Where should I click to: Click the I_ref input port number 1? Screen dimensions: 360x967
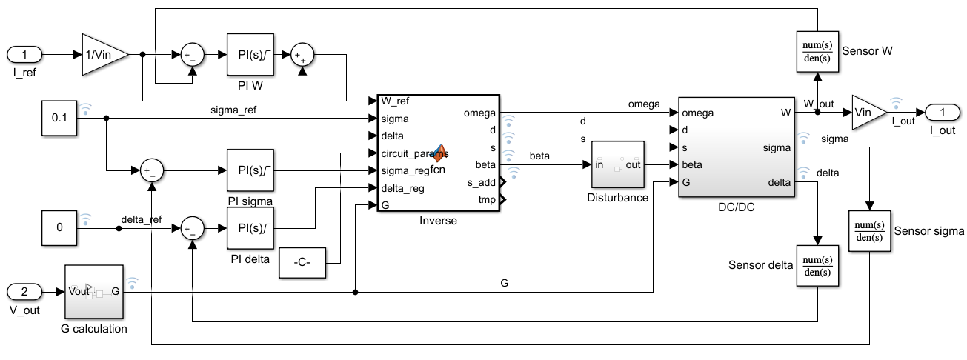25,54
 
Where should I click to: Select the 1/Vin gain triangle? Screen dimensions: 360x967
102,54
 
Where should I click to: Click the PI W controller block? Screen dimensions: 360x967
250,54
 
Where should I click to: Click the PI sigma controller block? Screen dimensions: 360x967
250,170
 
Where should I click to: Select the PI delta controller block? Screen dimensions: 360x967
250,228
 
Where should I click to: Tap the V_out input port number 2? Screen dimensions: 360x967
25,291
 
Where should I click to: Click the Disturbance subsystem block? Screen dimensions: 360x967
617,164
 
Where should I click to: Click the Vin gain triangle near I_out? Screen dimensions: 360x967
867,112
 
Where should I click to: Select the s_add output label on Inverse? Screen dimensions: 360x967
481,182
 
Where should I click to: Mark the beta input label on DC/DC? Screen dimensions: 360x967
692,164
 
